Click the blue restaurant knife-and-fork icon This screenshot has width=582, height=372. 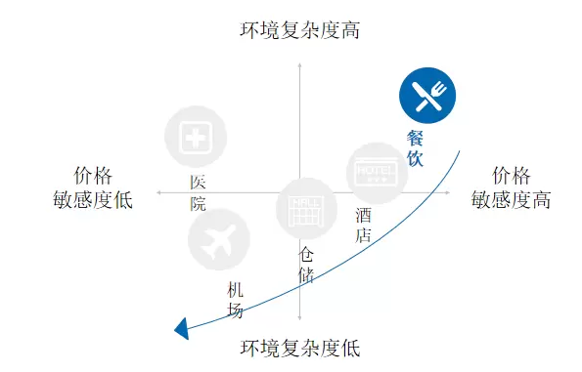click(427, 96)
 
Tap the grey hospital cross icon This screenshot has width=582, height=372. click(196, 137)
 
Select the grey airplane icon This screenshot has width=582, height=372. click(219, 239)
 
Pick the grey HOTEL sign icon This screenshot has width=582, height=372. click(377, 174)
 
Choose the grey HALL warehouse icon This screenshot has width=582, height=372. click(306, 208)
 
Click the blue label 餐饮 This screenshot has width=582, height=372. click(415, 148)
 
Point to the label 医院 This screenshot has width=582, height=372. click(198, 193)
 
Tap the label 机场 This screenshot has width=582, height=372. click(235, 300)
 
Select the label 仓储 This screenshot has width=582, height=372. click(306, 266)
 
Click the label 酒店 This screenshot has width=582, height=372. click(363, 225)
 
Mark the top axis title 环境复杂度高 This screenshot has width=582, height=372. click(300, 30)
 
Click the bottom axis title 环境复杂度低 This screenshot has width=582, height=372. click(300, 348)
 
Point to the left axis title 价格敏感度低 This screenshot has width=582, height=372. click(93, 187)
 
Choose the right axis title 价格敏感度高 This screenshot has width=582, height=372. click(512, 187)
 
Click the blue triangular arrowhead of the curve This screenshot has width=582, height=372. click(182, 329)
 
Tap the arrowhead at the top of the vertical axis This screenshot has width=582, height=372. click(300, 65)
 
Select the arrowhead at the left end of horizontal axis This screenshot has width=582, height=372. click(158, 192)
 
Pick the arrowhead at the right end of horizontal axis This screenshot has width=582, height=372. click(448, 192)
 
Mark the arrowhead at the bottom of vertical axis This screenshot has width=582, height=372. click(300, 318)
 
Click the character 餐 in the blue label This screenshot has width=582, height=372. click(415, 139)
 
